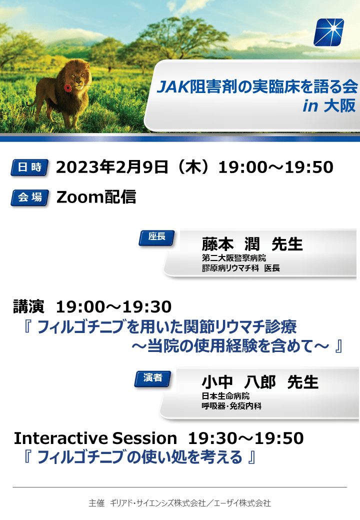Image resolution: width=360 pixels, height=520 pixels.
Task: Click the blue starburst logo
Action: [328, 32]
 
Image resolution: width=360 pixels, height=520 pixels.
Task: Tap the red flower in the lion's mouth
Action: [67, 88]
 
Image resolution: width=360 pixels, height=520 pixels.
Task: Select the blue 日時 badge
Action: [30, 167]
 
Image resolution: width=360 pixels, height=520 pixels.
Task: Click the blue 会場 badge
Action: [30, 197]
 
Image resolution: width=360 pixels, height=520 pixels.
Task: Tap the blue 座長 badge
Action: [156, 237]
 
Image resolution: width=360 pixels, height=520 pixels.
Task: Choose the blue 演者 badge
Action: [153, 378]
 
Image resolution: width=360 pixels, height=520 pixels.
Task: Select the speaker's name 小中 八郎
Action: [238, 382]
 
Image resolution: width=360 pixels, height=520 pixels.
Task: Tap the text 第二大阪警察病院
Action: [234, 258]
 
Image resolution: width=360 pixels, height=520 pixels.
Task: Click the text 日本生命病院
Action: [225, 396]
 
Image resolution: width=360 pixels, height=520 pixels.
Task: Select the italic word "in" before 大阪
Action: [310, 106]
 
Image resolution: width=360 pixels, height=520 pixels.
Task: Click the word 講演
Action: [28, 306]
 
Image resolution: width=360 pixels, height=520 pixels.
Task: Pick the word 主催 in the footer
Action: [96, 503]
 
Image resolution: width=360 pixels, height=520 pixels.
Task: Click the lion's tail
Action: [32, 101]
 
